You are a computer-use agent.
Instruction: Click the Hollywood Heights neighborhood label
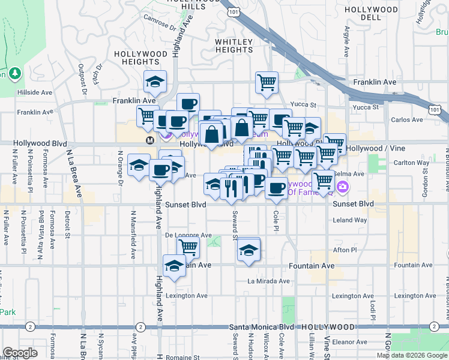coord(141,58)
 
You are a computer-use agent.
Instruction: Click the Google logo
coord(20,352)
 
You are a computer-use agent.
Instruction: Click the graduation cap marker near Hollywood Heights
coord(155,82)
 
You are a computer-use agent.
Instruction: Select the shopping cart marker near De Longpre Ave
coord(188,246)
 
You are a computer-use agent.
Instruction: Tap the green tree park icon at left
coord(15,74)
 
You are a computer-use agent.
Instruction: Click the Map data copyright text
coord(411,355)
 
